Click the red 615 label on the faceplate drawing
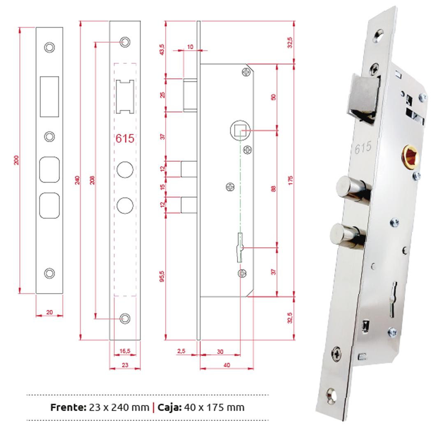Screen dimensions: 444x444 tap(125, 139)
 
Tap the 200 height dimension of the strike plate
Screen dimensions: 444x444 tap(16, 160)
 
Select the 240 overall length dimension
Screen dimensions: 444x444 tap(77, 180)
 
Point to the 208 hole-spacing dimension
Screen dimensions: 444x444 tap(92, 180)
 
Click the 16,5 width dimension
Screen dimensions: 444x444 tap(125, 351)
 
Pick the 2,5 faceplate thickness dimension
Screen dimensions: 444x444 tap(181, 351)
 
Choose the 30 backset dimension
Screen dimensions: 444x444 tap(220, 351)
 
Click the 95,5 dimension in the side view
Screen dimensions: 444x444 tap(162, 276)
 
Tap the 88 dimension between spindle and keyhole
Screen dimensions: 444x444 tap(273, 189)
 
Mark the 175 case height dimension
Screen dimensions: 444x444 tap(291, 180)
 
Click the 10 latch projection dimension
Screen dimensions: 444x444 tap(190, 47)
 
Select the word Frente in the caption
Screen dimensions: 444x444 tap(68, 407)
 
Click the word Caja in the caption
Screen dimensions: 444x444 tap(169, 407)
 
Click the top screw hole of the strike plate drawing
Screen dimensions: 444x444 tap(50, 47)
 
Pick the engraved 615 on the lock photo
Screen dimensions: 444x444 tap(363, 148)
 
